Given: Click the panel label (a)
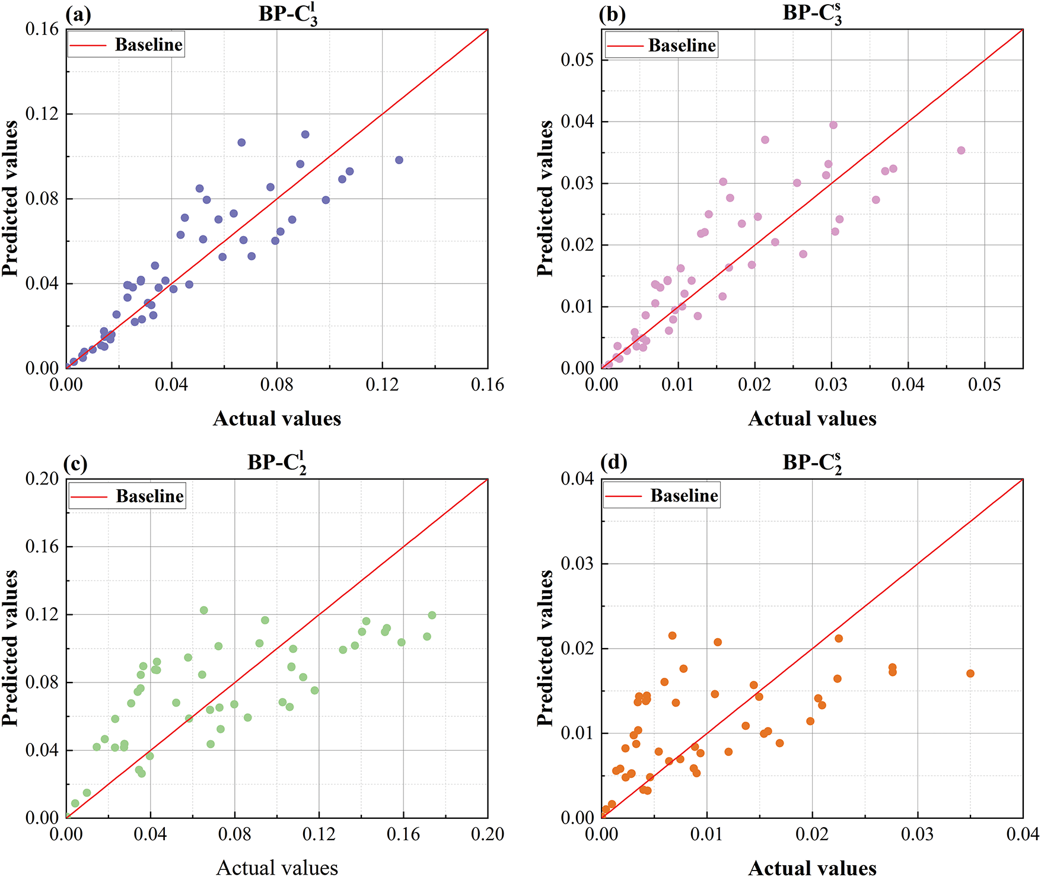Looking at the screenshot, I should point(78,15).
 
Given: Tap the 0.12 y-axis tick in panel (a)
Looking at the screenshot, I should point(43,114).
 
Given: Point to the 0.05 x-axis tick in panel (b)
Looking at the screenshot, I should point(985,385).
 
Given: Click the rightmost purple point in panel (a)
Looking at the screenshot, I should point(399,160).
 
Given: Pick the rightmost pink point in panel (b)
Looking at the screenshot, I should point(961,151).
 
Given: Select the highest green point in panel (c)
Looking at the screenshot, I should point(204,610).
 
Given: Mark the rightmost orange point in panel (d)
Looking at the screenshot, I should point(970,674).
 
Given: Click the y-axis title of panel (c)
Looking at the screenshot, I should point(11,648).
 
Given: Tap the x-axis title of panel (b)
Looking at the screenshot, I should point(812,419).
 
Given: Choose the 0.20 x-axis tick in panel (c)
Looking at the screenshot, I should point(488,834).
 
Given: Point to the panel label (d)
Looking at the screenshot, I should point(613,463).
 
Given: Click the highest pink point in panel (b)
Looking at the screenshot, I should point(833,125).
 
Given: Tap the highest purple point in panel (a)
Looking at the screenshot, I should point(305,135).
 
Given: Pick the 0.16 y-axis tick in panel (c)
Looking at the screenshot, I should point(43,547).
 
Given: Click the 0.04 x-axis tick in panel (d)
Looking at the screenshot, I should point(1023,834).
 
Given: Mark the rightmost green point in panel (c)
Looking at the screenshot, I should point(432,616).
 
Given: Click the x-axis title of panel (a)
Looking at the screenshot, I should point(277,419).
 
